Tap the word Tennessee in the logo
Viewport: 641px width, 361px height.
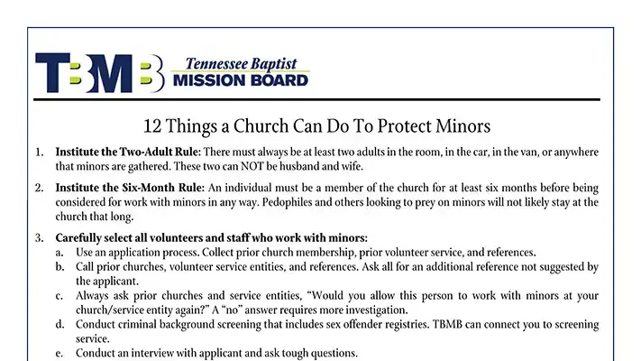[215, 64]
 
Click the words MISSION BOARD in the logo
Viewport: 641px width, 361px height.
[239, 79]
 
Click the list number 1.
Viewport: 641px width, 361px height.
[39, 152]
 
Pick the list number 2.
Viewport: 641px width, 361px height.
[39, 188]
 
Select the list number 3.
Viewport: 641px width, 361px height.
[39, 237]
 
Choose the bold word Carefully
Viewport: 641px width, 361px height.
[83, 237]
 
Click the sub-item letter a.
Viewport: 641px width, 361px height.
[59, 252]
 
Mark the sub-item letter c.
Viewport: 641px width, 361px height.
[59, 295]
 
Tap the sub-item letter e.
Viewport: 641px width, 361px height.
[59, 353]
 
